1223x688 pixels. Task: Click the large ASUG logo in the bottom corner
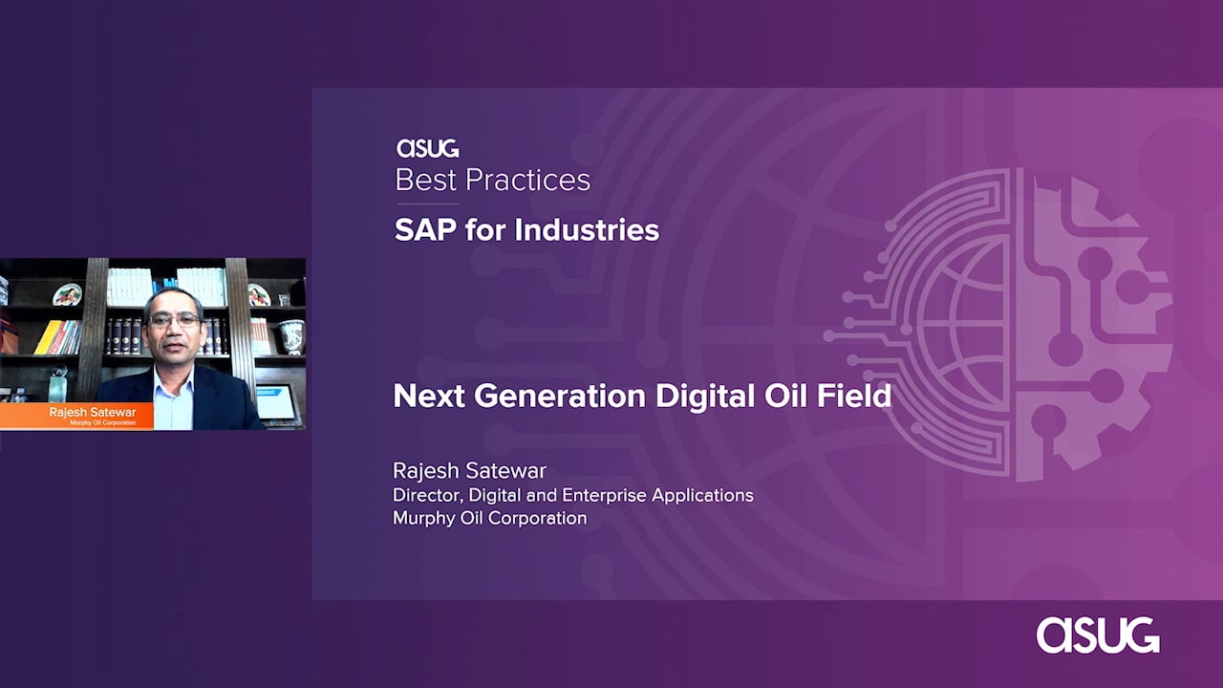click(x=1098, y=635)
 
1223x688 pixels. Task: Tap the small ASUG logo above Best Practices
click(x=427, y=148)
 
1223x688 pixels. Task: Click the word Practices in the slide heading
click(x=527, y=181)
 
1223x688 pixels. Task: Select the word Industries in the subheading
click(x=587, y=230)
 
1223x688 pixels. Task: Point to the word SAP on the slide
click(x=426, y=230)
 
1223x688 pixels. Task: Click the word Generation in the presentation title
click(x=560, y=396)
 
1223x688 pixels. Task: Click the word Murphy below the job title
click(x=423, y=518)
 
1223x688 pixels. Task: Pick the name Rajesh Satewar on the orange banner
click(x=93, y=412)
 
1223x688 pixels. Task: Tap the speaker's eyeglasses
click(x=174, y=320)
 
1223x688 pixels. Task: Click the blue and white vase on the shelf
click(x=291, y=336)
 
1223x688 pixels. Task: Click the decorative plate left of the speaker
click(x=67, y=295)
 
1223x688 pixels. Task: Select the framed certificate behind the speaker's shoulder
click(x=276, y=403)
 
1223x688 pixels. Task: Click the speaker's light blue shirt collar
click(x=174, y=381)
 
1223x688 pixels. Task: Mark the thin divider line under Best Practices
click(x=427, y=204)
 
